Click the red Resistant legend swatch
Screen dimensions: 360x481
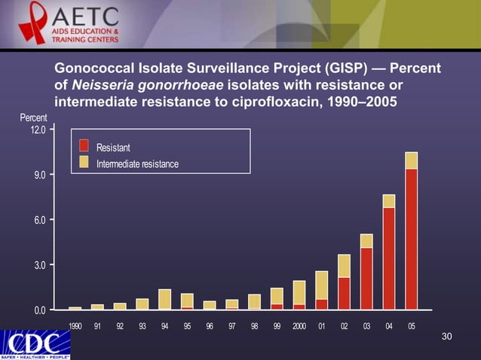click(84, 146)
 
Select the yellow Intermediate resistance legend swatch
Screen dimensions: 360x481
click(84, 162)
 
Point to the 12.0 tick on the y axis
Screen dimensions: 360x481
click(37, 130)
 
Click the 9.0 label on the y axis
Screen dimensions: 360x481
click(37, 175)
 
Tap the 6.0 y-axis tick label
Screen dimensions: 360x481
click(37, 220)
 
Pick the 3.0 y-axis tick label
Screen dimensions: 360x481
click(37, 265)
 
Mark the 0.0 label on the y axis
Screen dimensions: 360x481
click(37, 310)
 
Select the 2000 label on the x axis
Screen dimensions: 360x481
click(299, 326)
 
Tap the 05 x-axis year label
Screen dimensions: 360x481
click(411, 326)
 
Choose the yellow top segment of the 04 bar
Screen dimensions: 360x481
click(389, 201)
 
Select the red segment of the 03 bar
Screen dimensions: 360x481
click(366, 279)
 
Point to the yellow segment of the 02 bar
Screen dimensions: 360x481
click(344, 266)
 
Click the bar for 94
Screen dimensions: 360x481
click(165, 300)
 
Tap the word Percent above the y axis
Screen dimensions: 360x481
click(33, 118)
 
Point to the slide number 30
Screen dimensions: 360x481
click(446, 335)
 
